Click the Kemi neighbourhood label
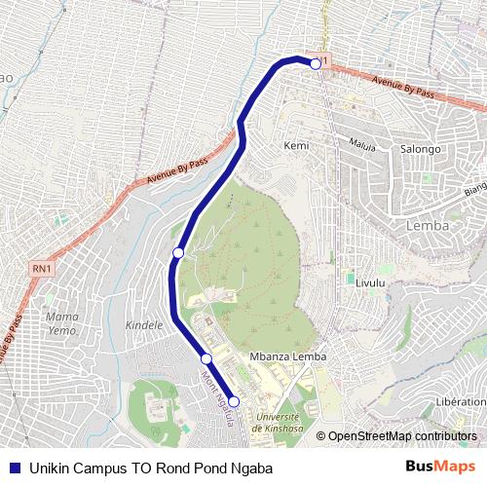[296, 145]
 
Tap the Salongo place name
[421, 149]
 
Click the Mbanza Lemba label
[288, 357]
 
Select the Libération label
[461, 401]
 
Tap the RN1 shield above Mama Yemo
[42, 268]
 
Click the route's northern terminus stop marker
[316, 63]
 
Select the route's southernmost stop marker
[234, 401]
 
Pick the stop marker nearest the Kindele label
[178, 253]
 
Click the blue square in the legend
[14, 468]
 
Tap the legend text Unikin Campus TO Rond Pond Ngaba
[151, 468]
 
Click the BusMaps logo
[440, 467]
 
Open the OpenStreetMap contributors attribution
[402, 436]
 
